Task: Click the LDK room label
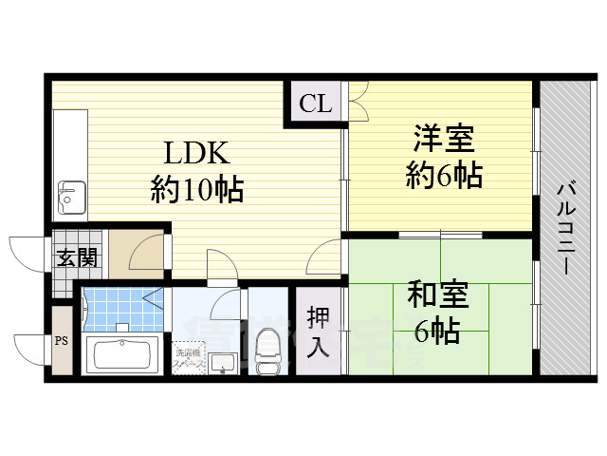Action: (197, 153)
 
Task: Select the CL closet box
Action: (316, 104)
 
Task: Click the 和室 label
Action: (438, 295)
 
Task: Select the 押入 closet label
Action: (318, 332)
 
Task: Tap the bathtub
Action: (122, 355)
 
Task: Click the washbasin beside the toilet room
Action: (224, 362)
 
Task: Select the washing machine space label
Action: (187, 358)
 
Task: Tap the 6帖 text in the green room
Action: (438, 331)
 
